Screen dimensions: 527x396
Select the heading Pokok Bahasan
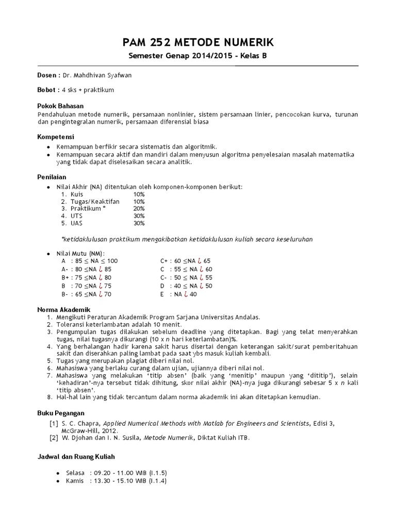point(59,106)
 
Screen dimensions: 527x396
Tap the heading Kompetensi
point(56,137)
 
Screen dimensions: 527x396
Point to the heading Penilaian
point(53,177)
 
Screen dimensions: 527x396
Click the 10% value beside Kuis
point(139,195)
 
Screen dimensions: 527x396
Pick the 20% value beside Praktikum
point(139,209)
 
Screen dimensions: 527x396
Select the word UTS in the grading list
point(76,216)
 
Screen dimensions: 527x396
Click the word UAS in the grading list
point(76,223)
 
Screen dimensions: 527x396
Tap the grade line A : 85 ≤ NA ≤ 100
point(90,261)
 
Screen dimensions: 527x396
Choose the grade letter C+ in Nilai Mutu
point(164,261)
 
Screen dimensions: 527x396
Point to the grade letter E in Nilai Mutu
point(162,294)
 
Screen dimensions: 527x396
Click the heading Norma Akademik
point(64,309)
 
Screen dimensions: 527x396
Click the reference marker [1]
point(54,424)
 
